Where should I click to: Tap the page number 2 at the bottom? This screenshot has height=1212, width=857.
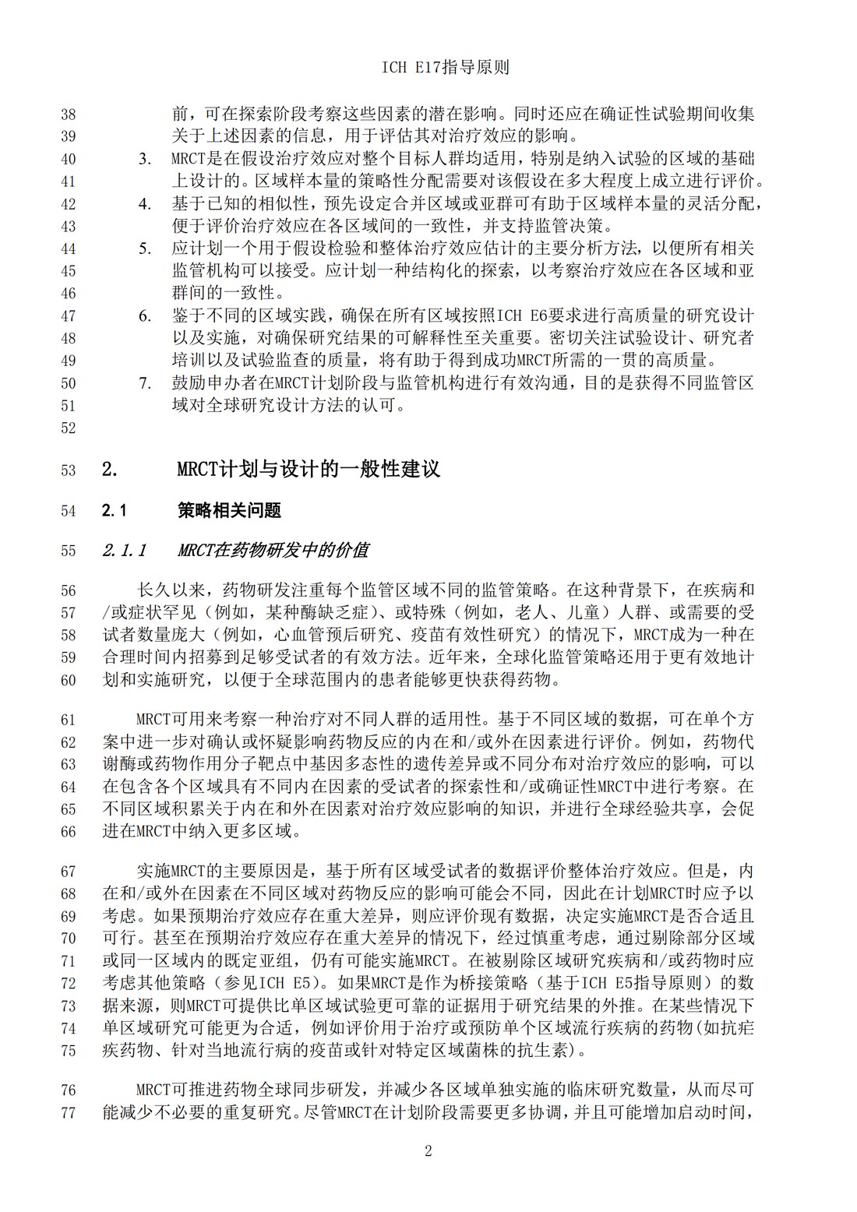point(428,1151)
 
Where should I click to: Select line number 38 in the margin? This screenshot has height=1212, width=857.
point(68,114)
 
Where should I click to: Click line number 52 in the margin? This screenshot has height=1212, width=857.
point(68,428)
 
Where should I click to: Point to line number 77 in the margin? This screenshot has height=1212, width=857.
point(68,1112)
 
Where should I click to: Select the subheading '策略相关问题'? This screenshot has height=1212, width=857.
point(230,511)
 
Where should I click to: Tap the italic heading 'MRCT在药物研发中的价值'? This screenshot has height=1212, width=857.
point(273,551)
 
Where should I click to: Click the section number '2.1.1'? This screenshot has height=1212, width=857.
point(125,551)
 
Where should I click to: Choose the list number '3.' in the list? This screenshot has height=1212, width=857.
point(145,160)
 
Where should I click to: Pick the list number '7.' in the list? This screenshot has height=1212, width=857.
point(145,383)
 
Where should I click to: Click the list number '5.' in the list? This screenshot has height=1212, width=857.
point(145,249)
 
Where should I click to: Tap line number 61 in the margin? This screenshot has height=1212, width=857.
point(68,719)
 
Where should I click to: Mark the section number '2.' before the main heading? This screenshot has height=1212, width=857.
point(110,470)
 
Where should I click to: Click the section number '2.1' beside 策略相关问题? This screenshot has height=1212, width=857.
point(114,511)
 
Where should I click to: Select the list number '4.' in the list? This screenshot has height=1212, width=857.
point(145,204)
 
